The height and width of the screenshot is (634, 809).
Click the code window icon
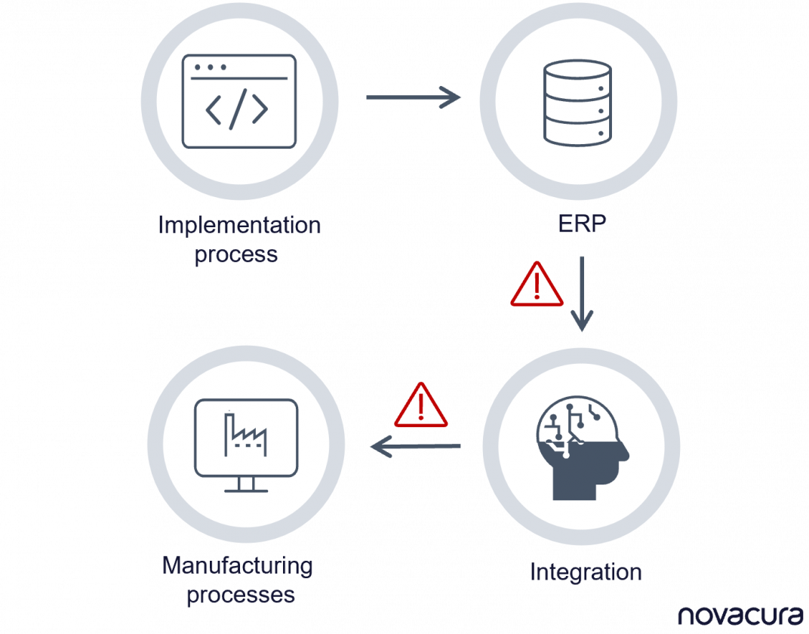239,100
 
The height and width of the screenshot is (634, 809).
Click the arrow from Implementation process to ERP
413,97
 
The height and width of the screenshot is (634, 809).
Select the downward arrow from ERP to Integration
581,294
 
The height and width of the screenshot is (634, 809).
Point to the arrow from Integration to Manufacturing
415,448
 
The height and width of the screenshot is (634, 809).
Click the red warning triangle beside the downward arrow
537,285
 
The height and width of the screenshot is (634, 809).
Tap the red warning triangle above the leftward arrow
421,405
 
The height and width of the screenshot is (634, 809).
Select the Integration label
586,571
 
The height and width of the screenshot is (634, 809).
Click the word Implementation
239,225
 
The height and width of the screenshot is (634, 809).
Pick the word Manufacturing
238,565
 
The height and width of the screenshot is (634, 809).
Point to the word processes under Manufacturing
240,595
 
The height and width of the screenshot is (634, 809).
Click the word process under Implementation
236,254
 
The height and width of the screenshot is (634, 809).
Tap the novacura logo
740,614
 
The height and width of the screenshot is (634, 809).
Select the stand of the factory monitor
246,485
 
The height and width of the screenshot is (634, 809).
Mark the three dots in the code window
210,66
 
